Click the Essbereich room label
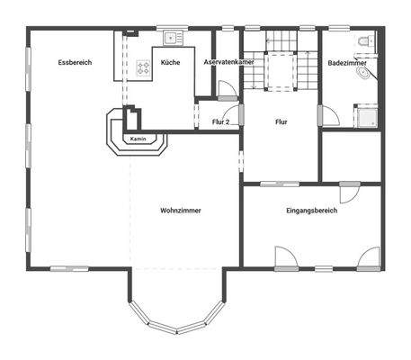coord(75,63)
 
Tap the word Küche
coord(171,63)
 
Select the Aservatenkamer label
coord(228,63)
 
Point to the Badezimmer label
coord(346,64)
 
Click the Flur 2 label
coord(220,121)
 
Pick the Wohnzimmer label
coord(180,211)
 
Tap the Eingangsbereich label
coord(311,211)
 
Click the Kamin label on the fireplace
coord(138,139)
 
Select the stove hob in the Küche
coord(143,67)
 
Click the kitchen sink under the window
coord(170,39)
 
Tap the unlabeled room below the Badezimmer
coord(351,157)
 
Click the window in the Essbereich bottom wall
coord(68,267)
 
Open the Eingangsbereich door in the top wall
coord(349,193)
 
